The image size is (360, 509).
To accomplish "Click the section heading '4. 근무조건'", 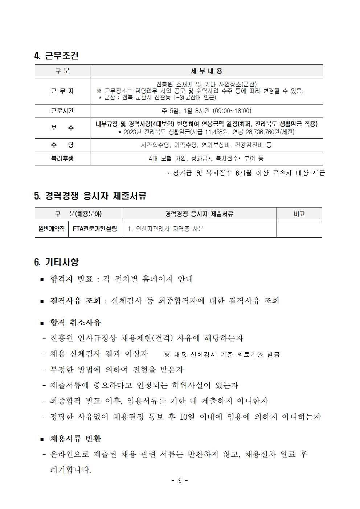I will pos(56,56).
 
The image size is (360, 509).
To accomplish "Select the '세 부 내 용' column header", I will pos(206,71).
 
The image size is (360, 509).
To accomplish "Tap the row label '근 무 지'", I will pos(62,91).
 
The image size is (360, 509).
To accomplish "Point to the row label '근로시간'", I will pos(62,111).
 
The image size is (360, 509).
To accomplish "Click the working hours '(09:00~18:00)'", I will pos(232,111).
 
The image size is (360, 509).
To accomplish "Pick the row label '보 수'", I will pos(62,128).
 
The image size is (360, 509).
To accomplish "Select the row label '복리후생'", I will pos(62,158).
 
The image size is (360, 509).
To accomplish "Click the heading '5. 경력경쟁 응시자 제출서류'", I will pos(90,196).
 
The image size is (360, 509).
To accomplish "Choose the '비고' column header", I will pos(299,214).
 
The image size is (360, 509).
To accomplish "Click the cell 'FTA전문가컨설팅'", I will pos(95,229).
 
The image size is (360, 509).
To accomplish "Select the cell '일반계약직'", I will pos(52,229).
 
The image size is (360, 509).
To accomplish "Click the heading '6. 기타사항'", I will pos(56,262).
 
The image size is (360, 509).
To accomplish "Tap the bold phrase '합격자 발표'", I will pos(71,279).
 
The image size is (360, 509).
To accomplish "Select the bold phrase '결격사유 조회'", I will pos(75,301).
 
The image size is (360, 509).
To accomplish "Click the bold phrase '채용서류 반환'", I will pos(75,439).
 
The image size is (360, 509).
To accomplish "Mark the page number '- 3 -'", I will pos(180,481).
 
